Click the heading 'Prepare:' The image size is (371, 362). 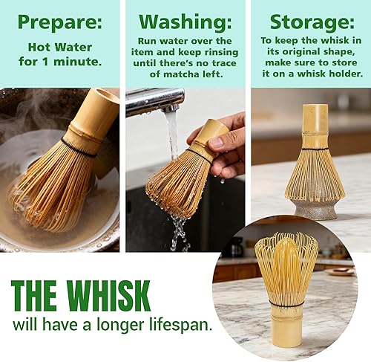point(60,22)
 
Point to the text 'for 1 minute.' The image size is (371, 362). point(60,62)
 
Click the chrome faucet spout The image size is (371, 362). point(152,101)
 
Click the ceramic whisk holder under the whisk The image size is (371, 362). point(310,208)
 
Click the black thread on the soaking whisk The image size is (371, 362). point(78,146)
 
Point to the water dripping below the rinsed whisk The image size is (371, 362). point(179,230)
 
